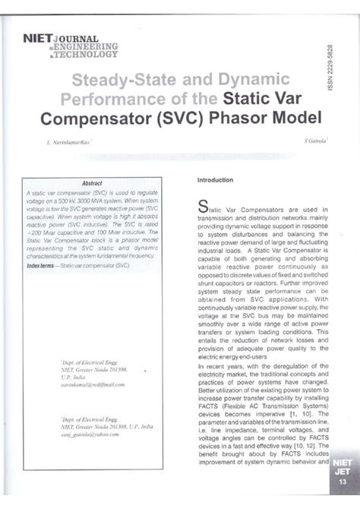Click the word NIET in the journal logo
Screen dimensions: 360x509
pyautogui.click(x=38, y=36)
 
